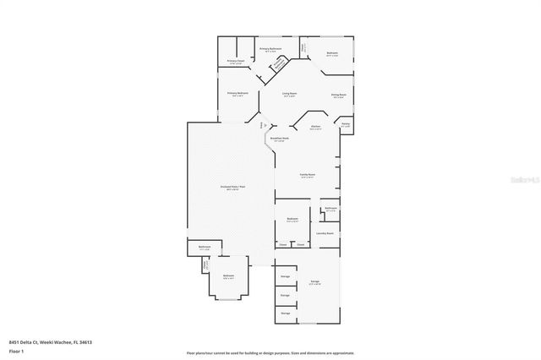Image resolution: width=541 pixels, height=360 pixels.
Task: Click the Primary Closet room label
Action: pos(236,62)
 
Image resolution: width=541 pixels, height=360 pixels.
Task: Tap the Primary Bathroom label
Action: pos(270,50)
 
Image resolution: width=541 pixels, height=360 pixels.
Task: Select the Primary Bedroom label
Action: pos(237,93)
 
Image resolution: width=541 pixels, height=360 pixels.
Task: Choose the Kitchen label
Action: pos(315,127)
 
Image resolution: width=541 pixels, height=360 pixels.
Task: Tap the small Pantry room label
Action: pos(345,123)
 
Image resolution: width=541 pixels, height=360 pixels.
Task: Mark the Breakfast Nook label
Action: pos(280,139)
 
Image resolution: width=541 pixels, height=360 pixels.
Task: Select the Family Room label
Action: pos(308,175)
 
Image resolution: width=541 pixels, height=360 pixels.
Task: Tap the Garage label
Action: pos(314,281)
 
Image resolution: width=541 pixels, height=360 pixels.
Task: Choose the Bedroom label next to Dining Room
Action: pos(332,53)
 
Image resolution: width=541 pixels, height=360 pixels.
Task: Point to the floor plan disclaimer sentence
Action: pos(270,352)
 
